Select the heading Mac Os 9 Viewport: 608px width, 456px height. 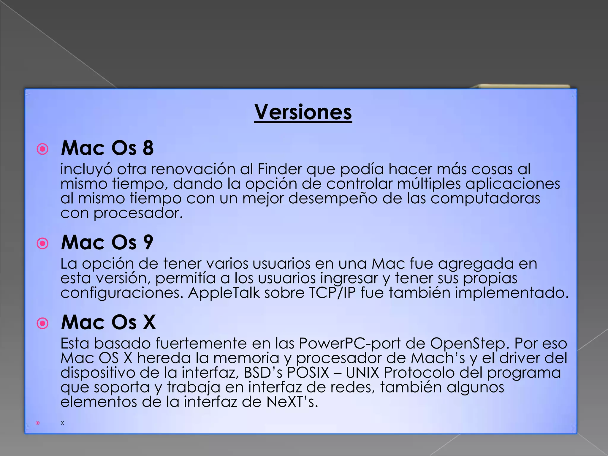pyautogui.click(x=107, y=243)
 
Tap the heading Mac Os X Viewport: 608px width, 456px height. pyautogui.click(x=108, y=322)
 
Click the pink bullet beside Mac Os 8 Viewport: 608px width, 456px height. pyautogui.click(x=42, y=149)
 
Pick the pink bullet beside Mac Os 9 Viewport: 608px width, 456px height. pyautogui.click(x=42, y=244)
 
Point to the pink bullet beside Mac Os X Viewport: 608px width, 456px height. pyautogui.click(x=42, y=323)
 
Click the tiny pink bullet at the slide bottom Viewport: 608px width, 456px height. pyautogui.click(x=38, y=423)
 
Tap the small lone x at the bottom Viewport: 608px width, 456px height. pyautogui.click(x=62, y=423)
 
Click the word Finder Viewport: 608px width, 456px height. pyautogui.click(x=279, y=169)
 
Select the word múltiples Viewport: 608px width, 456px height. pyautogui.click(x=429, y=184)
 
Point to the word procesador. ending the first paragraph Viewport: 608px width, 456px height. pyautogui.click(x=138, y=213)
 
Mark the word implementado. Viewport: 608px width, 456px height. pyautogui.click(x=512, y=293)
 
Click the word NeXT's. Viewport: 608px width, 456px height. pyautogui.click(x=292, y=402)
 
